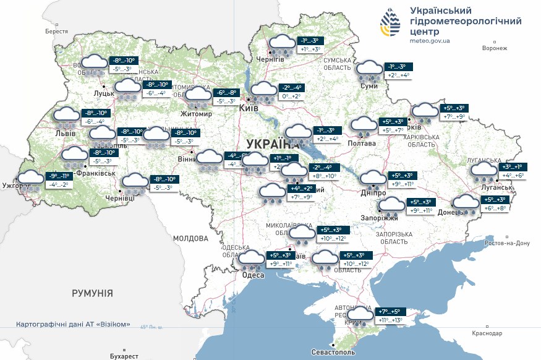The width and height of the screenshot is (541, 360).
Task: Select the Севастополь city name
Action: [334, 352]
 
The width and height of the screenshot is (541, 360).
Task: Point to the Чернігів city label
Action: [271, 59]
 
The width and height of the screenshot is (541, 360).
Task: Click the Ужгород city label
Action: [16, 185]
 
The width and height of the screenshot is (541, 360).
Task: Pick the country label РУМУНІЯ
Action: [92, 293]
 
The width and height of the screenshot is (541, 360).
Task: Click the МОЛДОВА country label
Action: [190, 238]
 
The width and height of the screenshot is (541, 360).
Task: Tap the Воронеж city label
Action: [494, 48]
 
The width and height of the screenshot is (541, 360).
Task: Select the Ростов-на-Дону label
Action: [507, 243]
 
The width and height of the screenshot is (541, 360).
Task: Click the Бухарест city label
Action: [121, 356]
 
